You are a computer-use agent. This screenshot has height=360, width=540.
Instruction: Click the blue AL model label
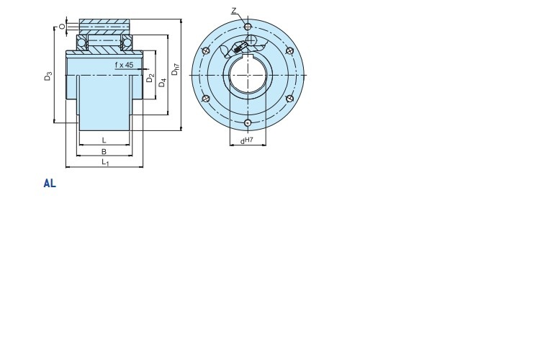[x=50, y=184]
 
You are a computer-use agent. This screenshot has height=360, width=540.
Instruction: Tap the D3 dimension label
[x=48, y=76]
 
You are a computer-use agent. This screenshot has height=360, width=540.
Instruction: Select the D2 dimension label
[x=150, y=78]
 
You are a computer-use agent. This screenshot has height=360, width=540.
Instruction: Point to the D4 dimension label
[x=162, y=83]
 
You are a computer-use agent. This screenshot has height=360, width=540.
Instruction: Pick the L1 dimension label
[x=105, y=162]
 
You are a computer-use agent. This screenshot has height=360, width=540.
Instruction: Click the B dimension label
[x=104, y=151]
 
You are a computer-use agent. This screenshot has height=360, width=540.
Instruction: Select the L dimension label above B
[x=104, y=140]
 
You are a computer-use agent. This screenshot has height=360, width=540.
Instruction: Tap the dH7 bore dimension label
[x=247, y=140]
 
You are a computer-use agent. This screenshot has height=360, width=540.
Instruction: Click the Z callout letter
[x=234, y=11]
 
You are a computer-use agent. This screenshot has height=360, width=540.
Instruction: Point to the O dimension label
[x=62, y=26]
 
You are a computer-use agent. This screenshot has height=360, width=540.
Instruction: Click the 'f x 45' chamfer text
[x=124, y=65]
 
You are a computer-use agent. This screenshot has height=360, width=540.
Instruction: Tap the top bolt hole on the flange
[x=247, y=27]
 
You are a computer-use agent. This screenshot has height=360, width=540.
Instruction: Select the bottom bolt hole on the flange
[x=247, y=122]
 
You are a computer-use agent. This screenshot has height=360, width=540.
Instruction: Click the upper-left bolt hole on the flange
[x=206, y=51]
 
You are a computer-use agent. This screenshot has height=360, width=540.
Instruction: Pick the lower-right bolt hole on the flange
[x=289, y=99]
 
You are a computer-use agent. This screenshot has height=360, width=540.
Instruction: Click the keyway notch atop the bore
[x=247, y=56]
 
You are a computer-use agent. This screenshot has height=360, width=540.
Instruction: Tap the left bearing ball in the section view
[x=82, y=42]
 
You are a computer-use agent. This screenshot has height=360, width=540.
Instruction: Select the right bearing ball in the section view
[x=127, y=42]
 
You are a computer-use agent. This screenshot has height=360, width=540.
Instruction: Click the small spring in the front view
[x=238, y=50]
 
